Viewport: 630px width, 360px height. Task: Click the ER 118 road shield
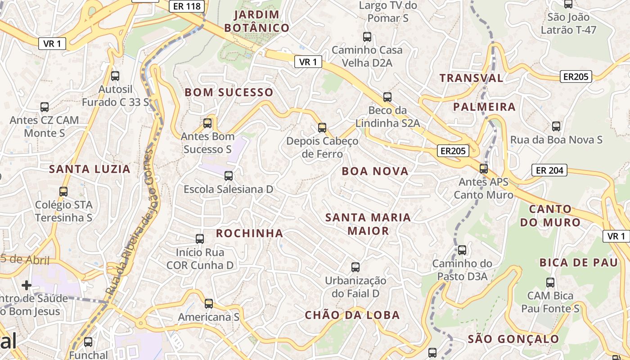[187, 6]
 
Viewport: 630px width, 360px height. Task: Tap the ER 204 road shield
[549, 171]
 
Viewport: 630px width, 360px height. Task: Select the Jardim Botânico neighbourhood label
[256, 21]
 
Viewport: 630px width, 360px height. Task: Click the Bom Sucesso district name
[229, 93]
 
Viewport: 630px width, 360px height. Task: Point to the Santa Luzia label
[90, 169]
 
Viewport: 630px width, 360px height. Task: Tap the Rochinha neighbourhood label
[249, 233]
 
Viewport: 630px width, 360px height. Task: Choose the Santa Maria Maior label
[368, 224]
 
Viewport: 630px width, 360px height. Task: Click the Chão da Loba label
[352, 315]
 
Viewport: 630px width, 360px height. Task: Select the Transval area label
[471, 78]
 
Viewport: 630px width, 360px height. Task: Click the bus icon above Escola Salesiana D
[229, 175]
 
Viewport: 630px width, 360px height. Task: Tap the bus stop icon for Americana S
[209, 304]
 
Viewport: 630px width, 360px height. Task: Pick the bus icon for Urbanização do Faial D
[355, 267]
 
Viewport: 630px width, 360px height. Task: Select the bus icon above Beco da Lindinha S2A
[387, 97]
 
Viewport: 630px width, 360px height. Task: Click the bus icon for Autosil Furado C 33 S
[115, 76]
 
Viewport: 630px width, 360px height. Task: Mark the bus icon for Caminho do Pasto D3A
[462, 250]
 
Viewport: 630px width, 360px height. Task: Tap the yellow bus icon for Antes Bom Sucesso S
[207, 123]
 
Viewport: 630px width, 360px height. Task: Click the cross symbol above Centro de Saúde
[27, 285]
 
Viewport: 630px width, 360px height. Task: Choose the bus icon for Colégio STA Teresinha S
[63, 192]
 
